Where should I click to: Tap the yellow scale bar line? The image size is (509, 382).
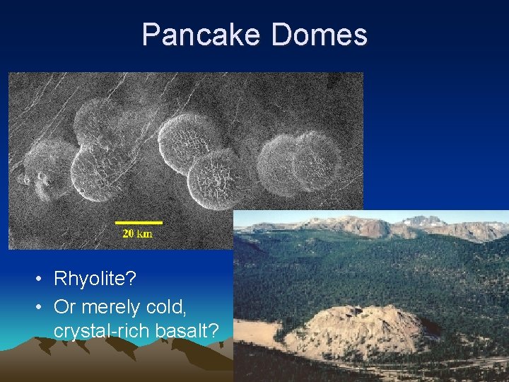[139, 223]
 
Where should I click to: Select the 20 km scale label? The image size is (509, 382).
[136, 233]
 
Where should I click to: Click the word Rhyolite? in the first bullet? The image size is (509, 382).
[95, 279]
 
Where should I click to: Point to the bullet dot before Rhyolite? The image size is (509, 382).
[37, 279]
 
